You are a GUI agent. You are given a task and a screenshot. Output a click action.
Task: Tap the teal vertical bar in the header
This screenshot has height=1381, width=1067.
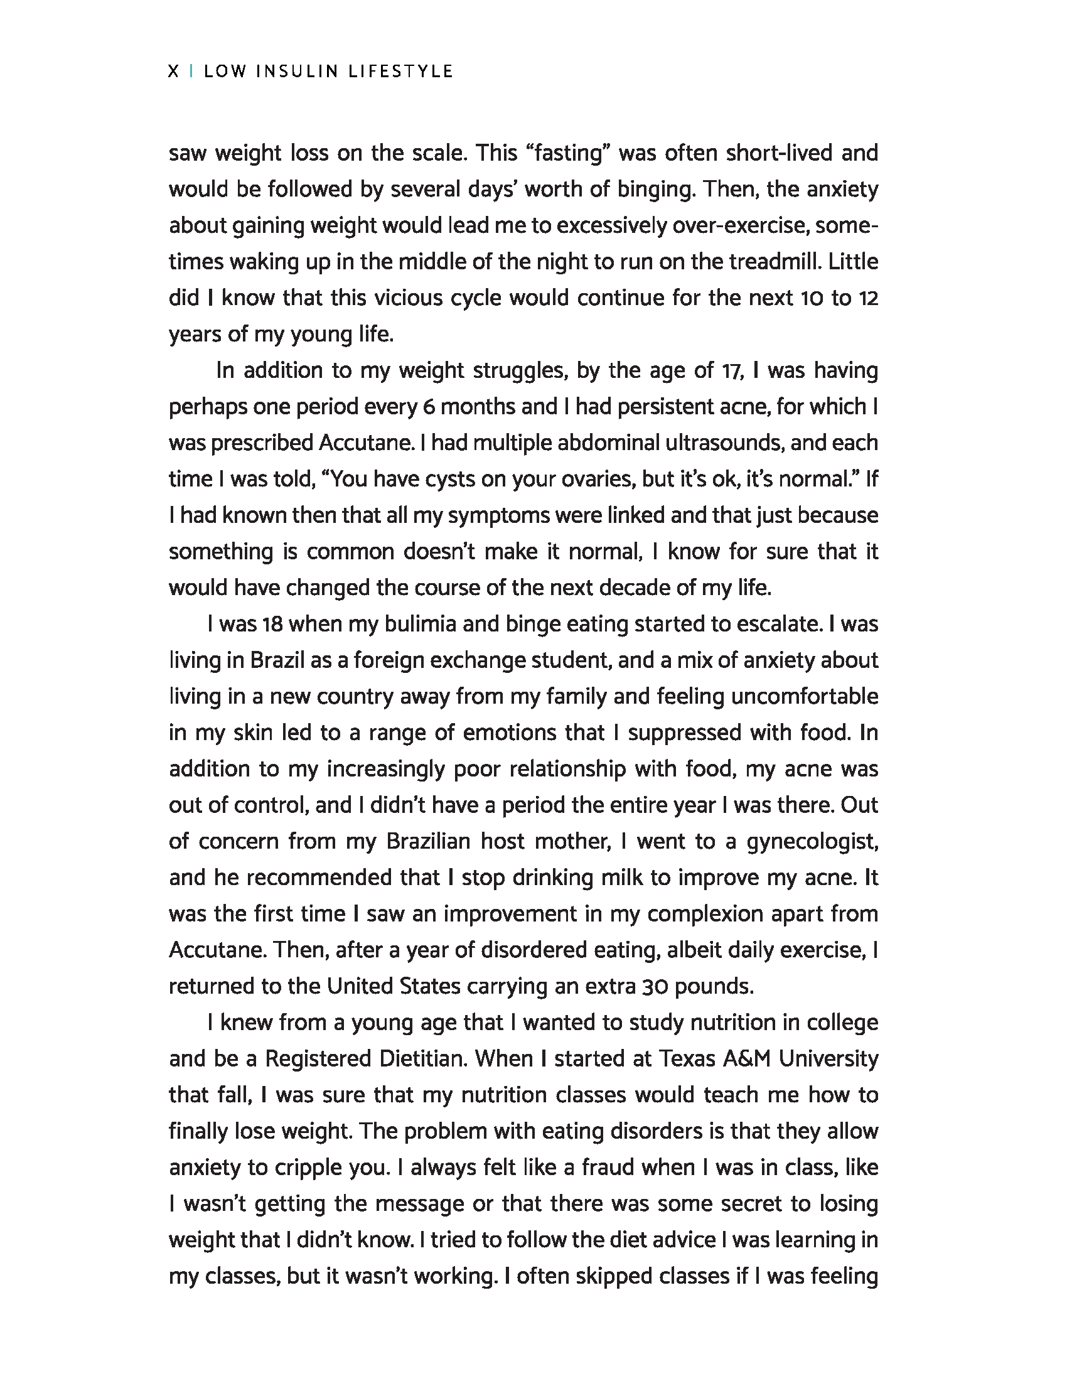[191, 72]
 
